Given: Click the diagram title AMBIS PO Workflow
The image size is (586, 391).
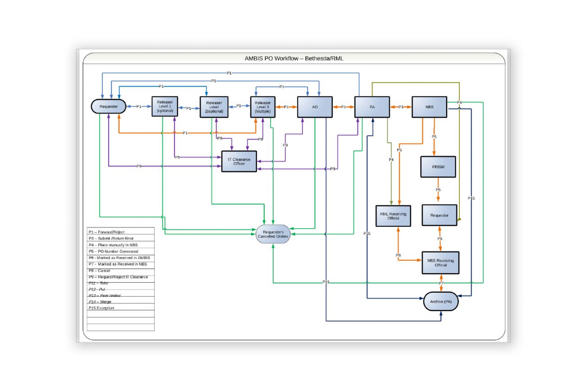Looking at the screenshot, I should coord(293,59).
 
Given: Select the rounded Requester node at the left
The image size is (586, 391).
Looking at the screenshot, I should coord(108,106).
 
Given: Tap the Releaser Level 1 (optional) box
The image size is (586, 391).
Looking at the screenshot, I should coord(165,107).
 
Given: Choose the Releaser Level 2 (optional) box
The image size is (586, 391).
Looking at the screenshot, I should coord(214,107).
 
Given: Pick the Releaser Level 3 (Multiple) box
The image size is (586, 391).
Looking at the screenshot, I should coord(262,107).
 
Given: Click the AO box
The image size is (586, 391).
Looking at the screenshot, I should coord(315,107).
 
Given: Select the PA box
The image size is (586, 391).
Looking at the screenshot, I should coord(372,107).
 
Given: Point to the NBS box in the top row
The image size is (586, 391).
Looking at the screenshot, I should coord(429,107).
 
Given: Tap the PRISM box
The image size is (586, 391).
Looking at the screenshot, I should coord(438,167).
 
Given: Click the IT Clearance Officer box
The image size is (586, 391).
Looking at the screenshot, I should coord(239,161).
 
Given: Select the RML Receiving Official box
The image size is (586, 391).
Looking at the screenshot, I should coord(394,216).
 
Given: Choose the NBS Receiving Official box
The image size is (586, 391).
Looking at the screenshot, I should coord(440,263).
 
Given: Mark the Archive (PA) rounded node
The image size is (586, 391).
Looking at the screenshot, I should coord(441,301).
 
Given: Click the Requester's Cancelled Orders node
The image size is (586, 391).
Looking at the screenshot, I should coord(273,234).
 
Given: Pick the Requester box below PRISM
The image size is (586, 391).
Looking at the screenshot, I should coord(439,215).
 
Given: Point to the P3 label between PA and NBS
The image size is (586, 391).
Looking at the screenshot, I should coord(401,107).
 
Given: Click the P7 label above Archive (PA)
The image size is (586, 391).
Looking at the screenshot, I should coord(441,283).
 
